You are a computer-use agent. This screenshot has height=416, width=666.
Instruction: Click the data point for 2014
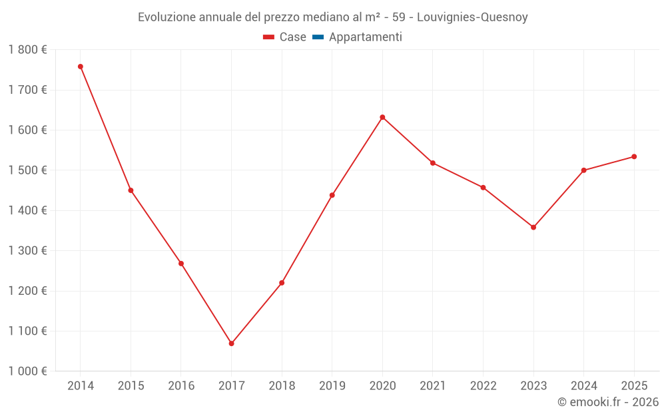click(x=81, y=67)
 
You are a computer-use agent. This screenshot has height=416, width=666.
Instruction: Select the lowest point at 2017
click(x=231, y=343)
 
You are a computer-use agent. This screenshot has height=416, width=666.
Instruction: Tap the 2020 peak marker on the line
click(x=382, y=117)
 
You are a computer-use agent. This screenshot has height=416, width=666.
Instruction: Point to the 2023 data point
click(x=533, y=228)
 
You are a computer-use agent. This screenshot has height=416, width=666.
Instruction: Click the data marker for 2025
click(x=634, y=156)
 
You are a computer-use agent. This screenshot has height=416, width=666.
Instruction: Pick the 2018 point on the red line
click(x=282, y=283)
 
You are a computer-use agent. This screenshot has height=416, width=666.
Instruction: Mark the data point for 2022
click(x=483, y=188)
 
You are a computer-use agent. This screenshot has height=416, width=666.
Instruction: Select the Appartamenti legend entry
click(x=365, y=37)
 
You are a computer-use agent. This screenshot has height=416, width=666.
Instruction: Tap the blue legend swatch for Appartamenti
click(x=318, y=37)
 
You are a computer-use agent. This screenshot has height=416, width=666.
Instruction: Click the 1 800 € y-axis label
click(x=27, y=50)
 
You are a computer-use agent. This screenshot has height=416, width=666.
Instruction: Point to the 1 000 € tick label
click(x=27, y=371)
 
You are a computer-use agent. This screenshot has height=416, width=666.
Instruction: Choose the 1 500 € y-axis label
click(x=27, y=170)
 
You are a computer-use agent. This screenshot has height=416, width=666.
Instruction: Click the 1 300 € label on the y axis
click(x=27, y=251)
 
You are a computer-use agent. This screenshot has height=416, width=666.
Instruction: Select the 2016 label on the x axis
click(x=181, y=386)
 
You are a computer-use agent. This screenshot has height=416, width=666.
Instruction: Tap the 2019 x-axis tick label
click(x=332, y=386)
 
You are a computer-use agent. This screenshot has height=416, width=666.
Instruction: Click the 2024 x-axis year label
click(x=583, y=386)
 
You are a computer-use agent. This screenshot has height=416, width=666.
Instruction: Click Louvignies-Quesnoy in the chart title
click(x=472, y=17)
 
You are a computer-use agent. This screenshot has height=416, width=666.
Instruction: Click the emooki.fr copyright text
click(x=607, y=402)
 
